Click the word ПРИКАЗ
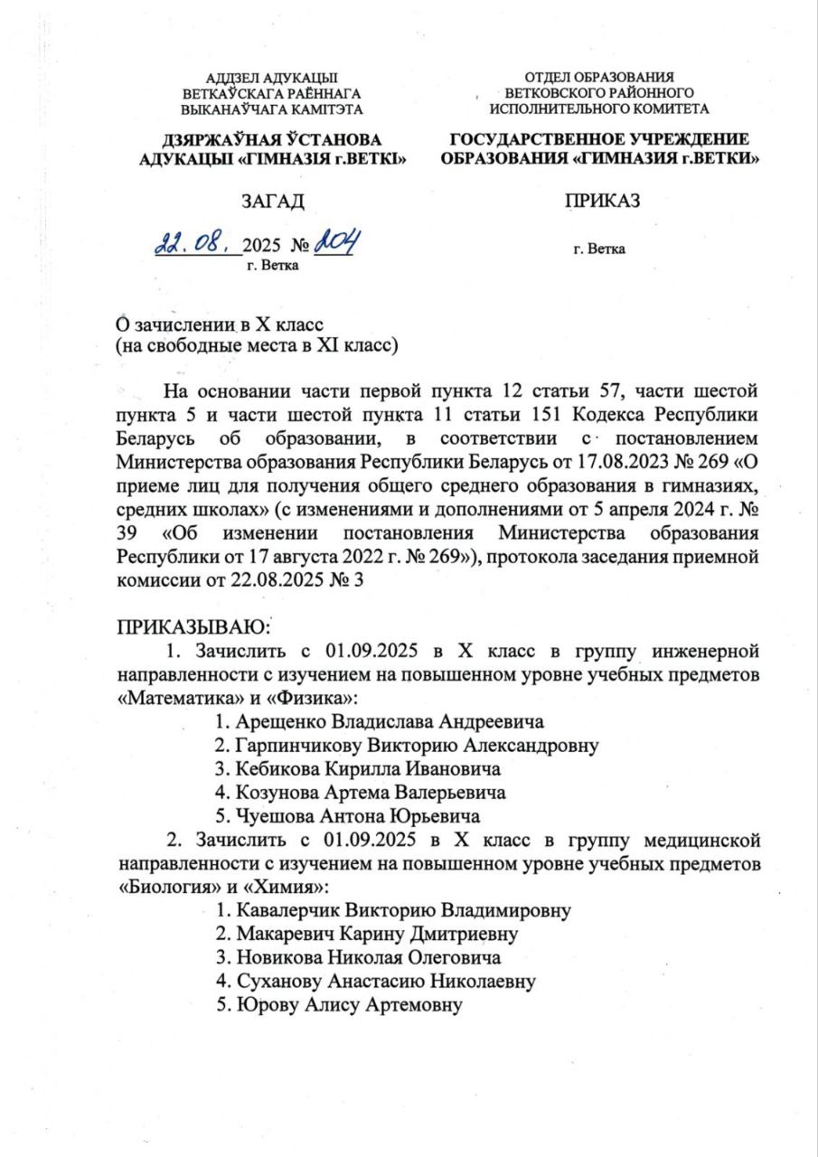(x=603, y=202)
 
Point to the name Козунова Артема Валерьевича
(x=360, y=794)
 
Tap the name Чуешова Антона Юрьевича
(x=346, y=817)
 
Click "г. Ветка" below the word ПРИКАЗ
(x=597, y=248)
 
